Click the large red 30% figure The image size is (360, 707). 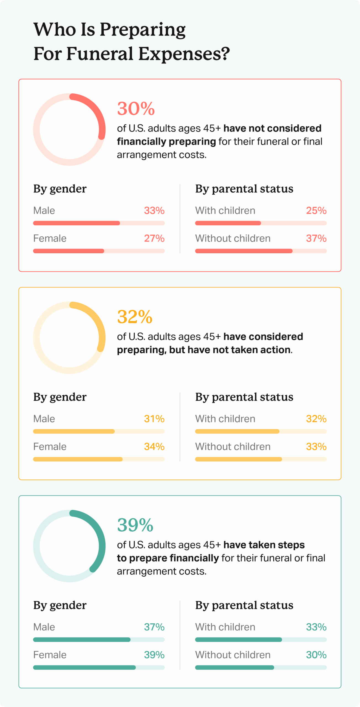(x=136, y=109)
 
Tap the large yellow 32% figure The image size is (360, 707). (x=135, y=317)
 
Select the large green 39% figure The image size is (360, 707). (x=135, y=525)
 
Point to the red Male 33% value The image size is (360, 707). (x=154, y=210)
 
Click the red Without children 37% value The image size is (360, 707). (x=316, y=238)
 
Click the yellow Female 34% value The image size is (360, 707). (x=154, y=447)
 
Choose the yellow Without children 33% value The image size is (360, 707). (x=316, y=447)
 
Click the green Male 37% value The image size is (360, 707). (x=154, y=627)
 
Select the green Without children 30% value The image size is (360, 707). (x=316, y=655)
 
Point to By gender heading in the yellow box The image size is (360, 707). (x=60, y=397)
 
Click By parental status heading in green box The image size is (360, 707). (x=244, y=605)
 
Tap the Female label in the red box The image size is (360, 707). (x=50, y=238)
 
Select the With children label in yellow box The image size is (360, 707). (x=225, y=419)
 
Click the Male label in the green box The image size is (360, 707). (x=44, y=627)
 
